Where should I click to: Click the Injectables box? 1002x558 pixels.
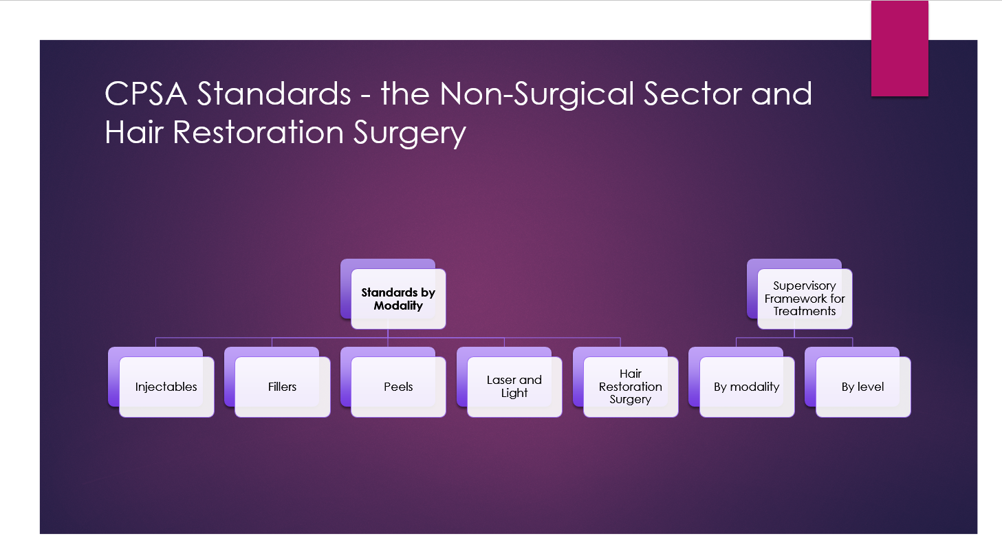point(166,387)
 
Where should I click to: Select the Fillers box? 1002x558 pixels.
point(282,387)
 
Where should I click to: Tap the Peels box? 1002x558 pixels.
point(399,387)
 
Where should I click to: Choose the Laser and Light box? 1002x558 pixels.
point(514,387)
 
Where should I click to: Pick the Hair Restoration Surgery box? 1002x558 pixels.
point(631,387)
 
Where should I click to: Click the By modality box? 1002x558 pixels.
point(747,387)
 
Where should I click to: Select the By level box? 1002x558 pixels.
point(863,387)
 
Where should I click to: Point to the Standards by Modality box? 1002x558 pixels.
point(399,299)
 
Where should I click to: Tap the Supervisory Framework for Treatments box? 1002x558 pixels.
point(805,299)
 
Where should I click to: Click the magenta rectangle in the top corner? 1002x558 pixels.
point(900,48)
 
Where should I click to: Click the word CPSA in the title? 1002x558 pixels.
point(146,94)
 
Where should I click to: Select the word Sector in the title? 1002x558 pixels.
point(693,94)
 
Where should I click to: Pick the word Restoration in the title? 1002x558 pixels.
point(258,133)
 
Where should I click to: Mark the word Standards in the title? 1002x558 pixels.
point(274,94)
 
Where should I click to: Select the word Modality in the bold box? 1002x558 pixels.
point(398,306)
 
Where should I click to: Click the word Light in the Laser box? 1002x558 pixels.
point(514,394)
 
